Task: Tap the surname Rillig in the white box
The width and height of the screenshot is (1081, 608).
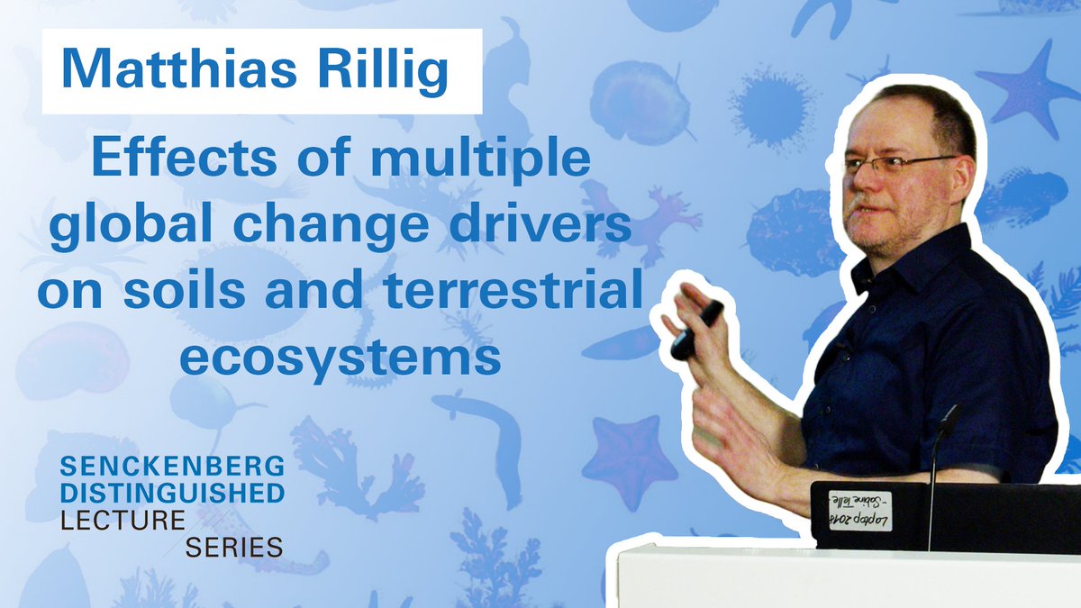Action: tap(386, 72)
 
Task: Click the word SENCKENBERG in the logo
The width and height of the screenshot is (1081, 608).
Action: tap(172, 467)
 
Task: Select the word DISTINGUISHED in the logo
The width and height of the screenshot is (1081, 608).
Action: tap(172, 493)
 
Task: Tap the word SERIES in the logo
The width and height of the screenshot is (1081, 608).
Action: tap(236, 546)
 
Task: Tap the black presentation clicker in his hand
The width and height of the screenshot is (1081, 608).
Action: tap(697, 328)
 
